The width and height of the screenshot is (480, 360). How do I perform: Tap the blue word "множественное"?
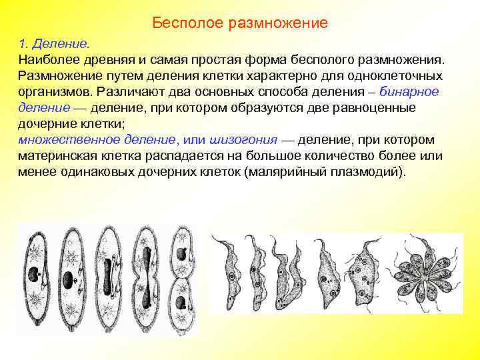(73, 139)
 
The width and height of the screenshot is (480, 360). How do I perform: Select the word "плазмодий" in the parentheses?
(367, 171)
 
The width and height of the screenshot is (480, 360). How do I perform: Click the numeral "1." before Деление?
(25, 44)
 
